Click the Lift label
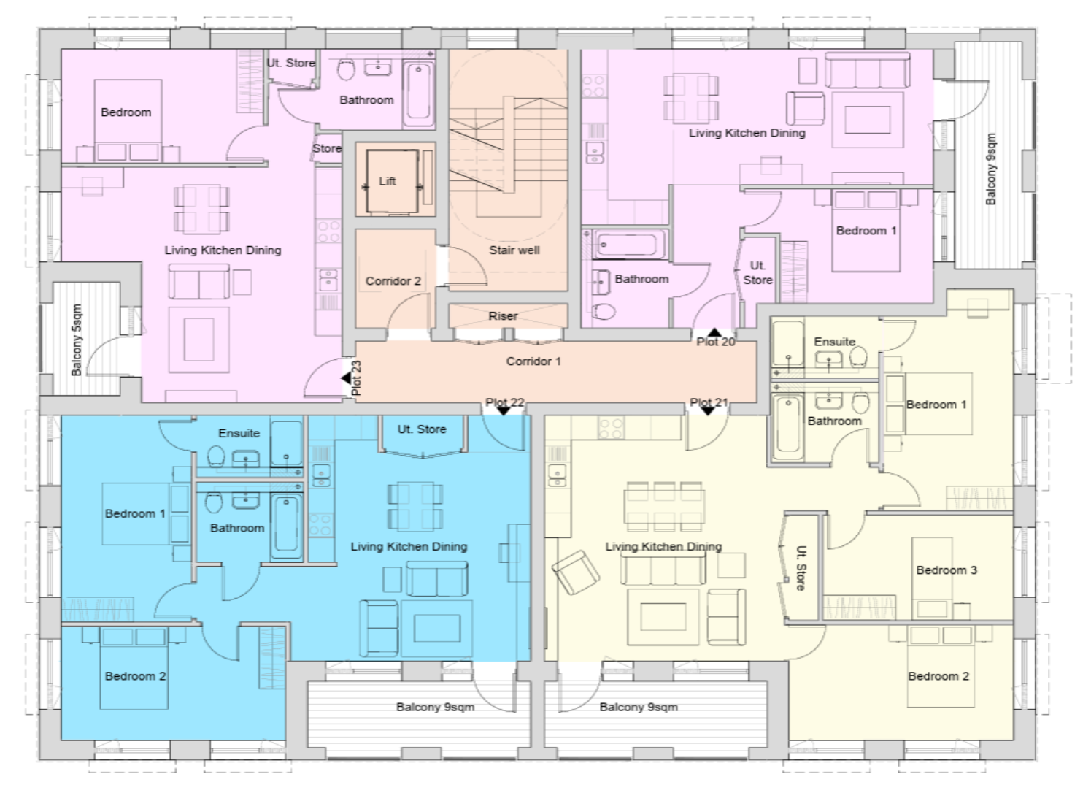coord(388,181)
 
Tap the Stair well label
coord(514,250)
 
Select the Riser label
coord(503,316)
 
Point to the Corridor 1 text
coord(533,361)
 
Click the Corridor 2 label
coord(393,281)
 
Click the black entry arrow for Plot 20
coord(714,332)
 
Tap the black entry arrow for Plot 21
coord(708,411)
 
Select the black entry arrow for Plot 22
coord(504,411)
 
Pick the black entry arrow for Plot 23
coord(346,378)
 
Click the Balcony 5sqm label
coord(77,340)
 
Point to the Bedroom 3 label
coord(947,570)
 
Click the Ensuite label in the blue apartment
coord(239,433)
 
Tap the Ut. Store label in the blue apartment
coord(422,429)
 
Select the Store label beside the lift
coord(327,149)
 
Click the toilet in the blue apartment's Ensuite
coord(216,456)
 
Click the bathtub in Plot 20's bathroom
coord(628,244)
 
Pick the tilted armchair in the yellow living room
coord(576,572)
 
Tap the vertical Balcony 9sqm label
coord(990,169)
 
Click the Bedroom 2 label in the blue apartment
coord(136,676)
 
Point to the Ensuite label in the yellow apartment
coord(834,342)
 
